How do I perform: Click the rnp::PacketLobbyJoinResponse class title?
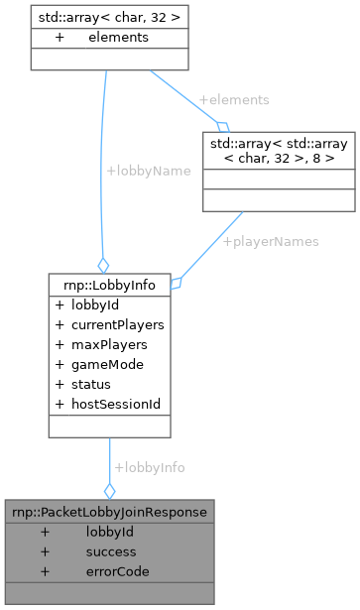108,512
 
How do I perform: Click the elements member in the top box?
117,38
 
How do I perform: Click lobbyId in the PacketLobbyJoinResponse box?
110,532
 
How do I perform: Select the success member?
111,551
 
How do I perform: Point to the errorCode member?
116,571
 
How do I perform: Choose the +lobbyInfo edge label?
149,466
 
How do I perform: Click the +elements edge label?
233,100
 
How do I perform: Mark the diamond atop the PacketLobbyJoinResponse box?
109,490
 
